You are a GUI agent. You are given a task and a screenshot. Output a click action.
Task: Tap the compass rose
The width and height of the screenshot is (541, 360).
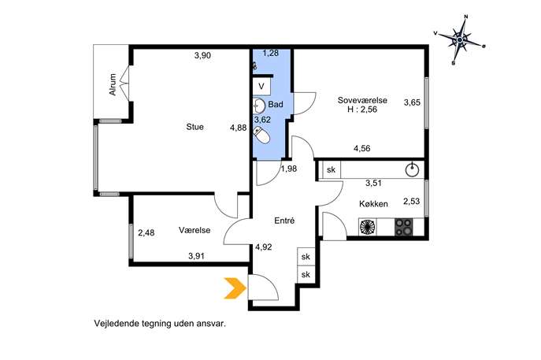(460, 40)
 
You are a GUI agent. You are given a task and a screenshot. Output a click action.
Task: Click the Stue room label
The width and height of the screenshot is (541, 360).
(195, 127)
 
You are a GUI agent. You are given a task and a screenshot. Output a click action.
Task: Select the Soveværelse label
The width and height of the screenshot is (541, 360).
(362, 100)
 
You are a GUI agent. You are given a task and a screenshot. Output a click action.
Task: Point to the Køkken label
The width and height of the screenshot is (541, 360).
(373, 204)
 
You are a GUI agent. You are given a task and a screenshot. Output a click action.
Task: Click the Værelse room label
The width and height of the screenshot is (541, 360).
(195, 230)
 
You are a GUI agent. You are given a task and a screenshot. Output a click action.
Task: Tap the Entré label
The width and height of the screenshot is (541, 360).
(284, 221)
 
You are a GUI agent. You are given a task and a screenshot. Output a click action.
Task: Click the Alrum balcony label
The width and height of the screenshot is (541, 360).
(113, 84)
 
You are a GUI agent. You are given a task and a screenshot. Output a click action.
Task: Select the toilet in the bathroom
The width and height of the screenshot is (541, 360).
(261, 135)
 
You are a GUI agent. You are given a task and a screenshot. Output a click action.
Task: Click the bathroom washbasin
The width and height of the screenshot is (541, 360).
(258, 106)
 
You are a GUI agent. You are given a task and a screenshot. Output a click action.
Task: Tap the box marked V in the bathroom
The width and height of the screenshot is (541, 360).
(261, 87)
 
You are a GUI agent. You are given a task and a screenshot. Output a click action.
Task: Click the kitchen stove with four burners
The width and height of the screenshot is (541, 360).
(403, 227)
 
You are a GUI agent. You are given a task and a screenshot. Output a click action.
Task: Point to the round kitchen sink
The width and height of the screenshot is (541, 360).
(412, 170)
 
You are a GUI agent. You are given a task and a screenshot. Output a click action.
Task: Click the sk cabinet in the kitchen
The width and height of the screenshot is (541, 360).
(332, 169)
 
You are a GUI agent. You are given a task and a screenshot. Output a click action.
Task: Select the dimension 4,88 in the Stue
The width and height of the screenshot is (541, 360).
(239, 128)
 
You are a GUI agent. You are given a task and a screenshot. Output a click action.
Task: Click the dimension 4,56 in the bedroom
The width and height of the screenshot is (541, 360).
(362, 148)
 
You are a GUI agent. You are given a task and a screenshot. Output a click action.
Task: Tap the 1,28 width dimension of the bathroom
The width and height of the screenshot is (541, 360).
(271, 53)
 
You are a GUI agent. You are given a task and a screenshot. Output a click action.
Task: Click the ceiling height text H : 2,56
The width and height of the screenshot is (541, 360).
(362, 109)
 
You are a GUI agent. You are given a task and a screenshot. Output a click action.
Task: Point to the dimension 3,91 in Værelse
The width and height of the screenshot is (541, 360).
(196, 256)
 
